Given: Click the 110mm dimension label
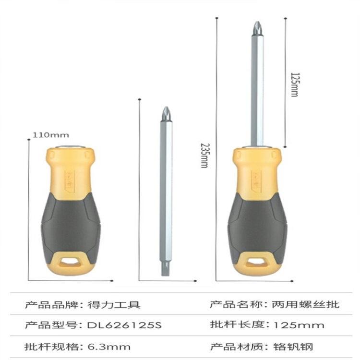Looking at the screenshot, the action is (x=51, y=135).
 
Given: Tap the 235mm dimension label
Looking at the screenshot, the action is (x=204, y=156).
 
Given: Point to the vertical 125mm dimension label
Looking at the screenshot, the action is (x=295, y=84).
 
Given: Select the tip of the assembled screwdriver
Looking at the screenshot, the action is (x=257, y=29).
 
